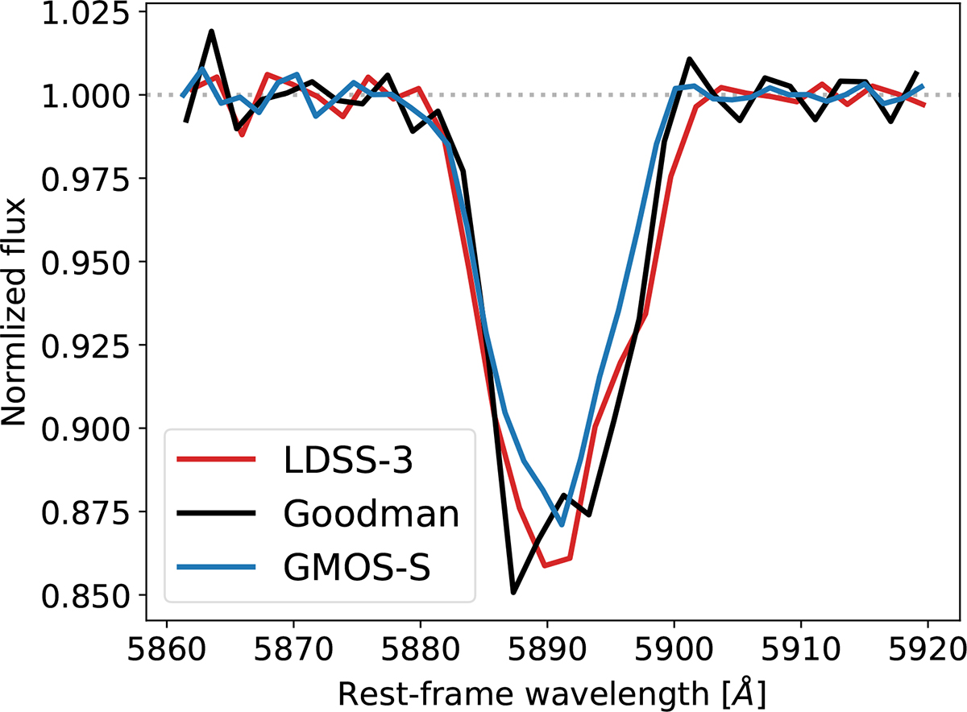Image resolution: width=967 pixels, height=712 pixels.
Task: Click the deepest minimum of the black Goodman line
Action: point(513,593)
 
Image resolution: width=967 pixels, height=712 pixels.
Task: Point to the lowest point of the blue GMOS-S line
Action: point(561,524)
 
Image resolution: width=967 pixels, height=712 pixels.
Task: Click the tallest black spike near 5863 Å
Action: point(211,31)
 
